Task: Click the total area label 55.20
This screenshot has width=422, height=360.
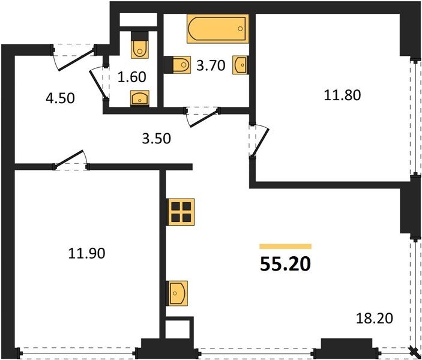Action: point(285,264)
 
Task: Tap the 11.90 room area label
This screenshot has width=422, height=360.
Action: point(86,253)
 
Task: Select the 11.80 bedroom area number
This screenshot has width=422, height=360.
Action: point(342,95)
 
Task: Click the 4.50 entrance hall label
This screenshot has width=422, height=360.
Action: point(60,98)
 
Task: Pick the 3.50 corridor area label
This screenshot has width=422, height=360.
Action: point(156,139)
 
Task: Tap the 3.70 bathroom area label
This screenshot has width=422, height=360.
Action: point(211,65)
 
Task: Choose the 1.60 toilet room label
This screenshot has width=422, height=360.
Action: point(132,77)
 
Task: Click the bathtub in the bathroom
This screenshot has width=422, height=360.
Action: point(218,29)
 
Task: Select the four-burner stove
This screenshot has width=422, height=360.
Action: point(181,212)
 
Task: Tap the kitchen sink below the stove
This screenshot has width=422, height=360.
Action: point(178,293)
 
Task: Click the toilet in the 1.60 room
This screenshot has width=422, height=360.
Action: point(140,45)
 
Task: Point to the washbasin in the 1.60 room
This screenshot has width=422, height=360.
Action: point(140,98)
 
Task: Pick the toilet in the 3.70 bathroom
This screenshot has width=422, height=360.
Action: point(178,65)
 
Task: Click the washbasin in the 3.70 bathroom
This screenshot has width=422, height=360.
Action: point(240,65)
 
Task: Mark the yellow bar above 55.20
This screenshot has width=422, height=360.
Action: point(285,247)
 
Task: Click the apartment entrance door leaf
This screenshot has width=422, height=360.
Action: point(77,58)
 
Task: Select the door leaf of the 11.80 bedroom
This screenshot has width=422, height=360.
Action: point(261,142)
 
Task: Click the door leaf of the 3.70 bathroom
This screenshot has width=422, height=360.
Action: point(203,118)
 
